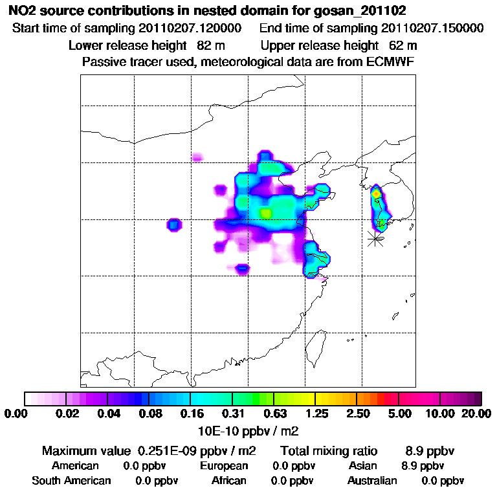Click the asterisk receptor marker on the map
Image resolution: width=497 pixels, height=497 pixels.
(x=375, y=238)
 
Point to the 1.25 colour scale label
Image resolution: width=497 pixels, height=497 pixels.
(x=315, y=414)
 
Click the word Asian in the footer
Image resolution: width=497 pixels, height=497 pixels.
(x=362, y=466)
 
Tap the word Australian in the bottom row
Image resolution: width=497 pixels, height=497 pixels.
(x=372, y=481)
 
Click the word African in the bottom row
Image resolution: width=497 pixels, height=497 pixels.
(x=229, y=481)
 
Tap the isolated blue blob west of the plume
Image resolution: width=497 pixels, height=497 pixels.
(x=173, y=225)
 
